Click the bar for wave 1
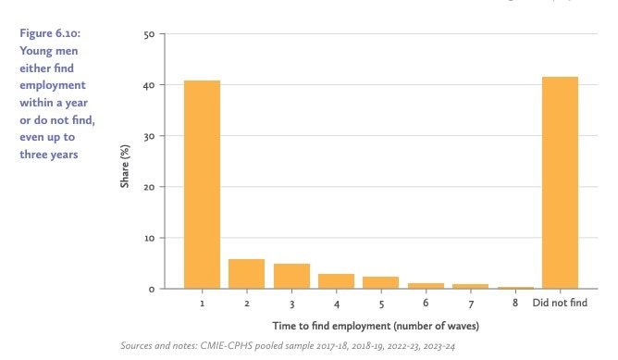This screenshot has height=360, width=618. [x=202, y=185]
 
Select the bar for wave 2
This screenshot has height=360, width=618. [x=246, y=274]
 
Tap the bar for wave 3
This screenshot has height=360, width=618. [x=291, y=277]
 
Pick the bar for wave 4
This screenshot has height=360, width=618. [x=336, y=281]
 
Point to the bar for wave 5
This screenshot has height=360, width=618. [x=380, y=283]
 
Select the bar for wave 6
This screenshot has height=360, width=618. [x=426, y=286]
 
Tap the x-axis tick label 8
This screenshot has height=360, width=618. [x=515, y=304]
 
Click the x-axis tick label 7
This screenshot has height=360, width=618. [x=470, y=304]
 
